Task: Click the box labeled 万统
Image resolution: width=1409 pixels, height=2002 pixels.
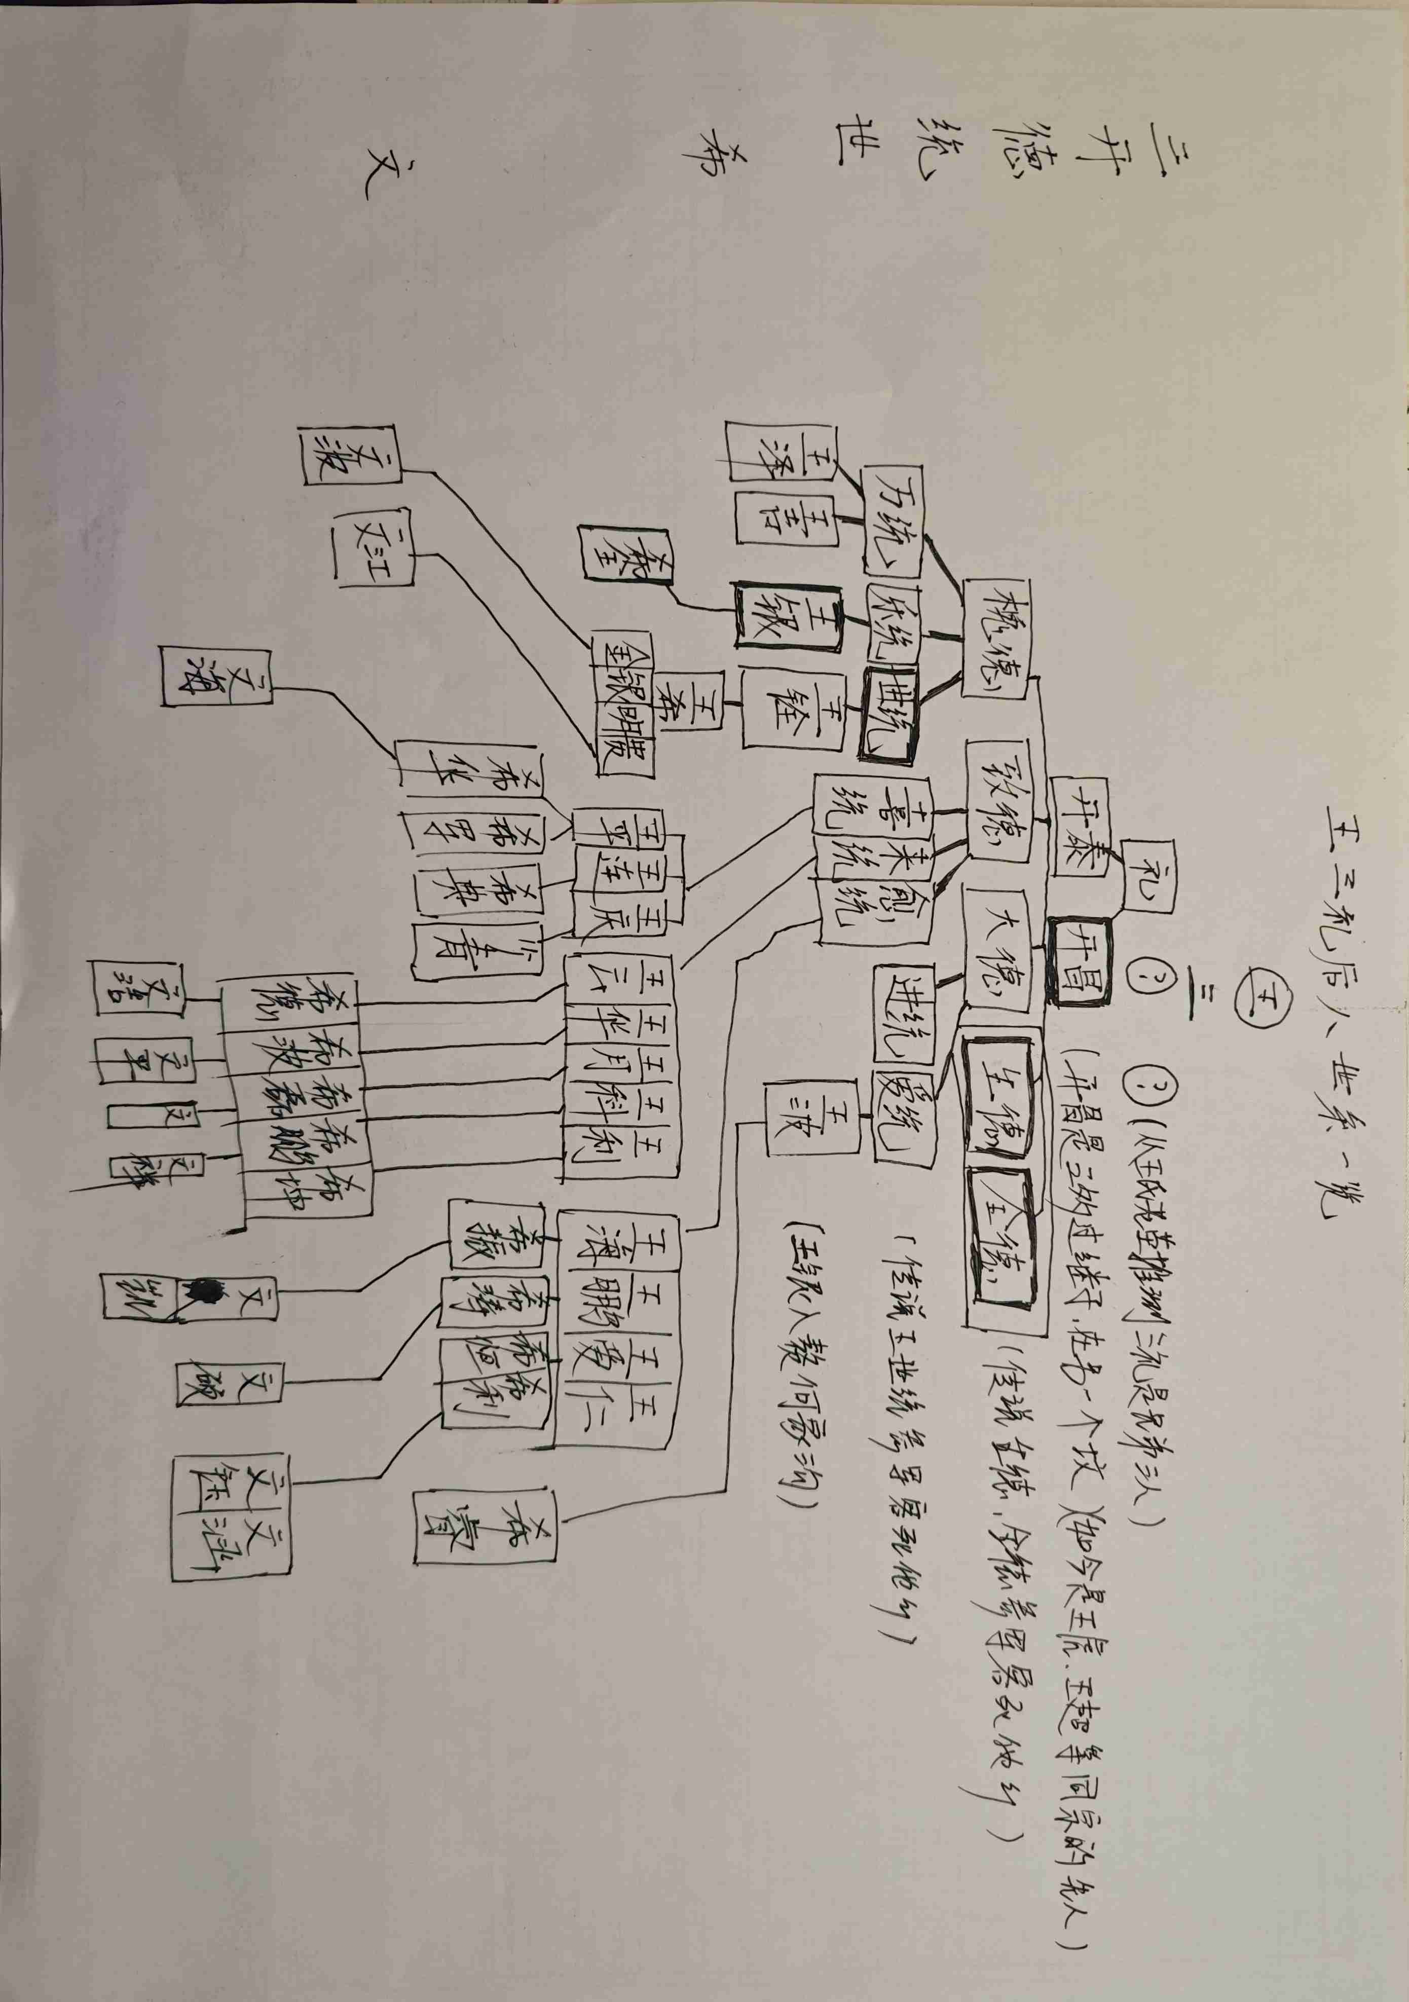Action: pyautogui.click(x=891, y=522)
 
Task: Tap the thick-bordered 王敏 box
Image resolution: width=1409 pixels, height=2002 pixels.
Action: pyautogui.click(x=788, y=626)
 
